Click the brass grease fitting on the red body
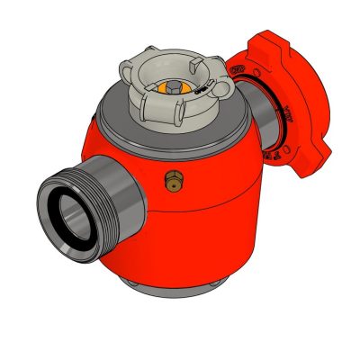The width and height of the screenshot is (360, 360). coord(170,183)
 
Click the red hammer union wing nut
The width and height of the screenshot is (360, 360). coord(279,99)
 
